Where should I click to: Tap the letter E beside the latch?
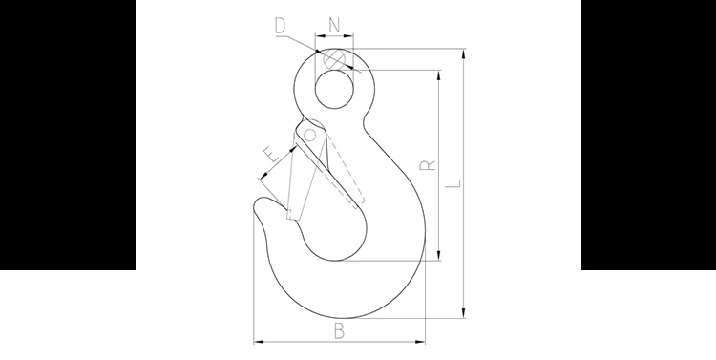[271, 155]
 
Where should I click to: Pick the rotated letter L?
[453, 180]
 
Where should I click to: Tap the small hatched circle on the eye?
[335, 58]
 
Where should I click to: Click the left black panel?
[67, 135]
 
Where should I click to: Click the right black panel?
[648, 135]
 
